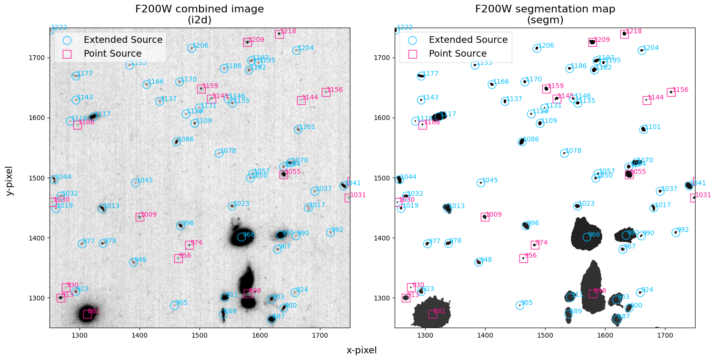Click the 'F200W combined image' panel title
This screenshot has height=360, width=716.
click(x=199, y=9)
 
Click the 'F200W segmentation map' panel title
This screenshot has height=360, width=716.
click(x=545, y=9)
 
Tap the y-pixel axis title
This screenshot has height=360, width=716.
click(x=10, y=180)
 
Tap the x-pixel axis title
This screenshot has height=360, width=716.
click(x=361, y=350)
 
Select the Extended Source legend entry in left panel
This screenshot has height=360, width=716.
click(x=123, y=40)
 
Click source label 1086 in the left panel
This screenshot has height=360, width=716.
click(x=186, y=140)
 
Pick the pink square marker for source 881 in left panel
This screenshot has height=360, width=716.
click(x=88, y=314)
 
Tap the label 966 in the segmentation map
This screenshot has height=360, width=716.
click(x=594, y=235)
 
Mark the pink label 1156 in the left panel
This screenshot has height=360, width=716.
click(x=335, y=90)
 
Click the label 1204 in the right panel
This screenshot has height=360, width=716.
click(x=651, y=48)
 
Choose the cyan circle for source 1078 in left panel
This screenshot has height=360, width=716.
click(x=219, y=153)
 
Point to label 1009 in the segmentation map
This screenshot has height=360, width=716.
click(x=494, y=215)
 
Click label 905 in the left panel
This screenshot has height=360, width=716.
click(x=181, y=303)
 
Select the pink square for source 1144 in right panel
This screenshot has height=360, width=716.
click(x=646, y=100)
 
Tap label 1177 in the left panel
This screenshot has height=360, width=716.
click(x=85, y=74)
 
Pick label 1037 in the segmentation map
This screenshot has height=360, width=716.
click(x=669, y=189)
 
